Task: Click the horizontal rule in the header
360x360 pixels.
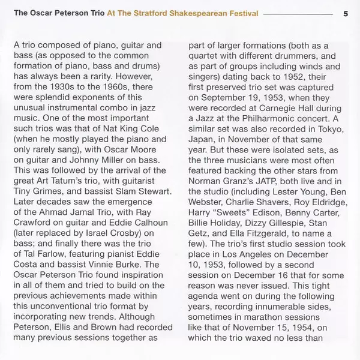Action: click(x=296, y=13)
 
